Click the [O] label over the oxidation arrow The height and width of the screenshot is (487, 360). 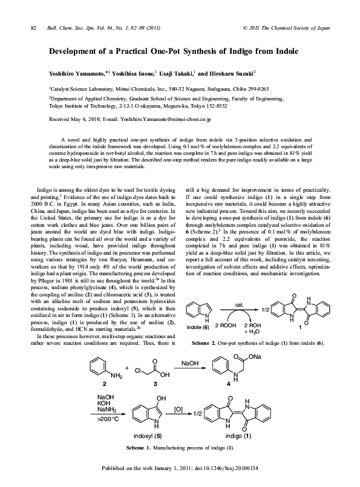pos(178,410)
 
